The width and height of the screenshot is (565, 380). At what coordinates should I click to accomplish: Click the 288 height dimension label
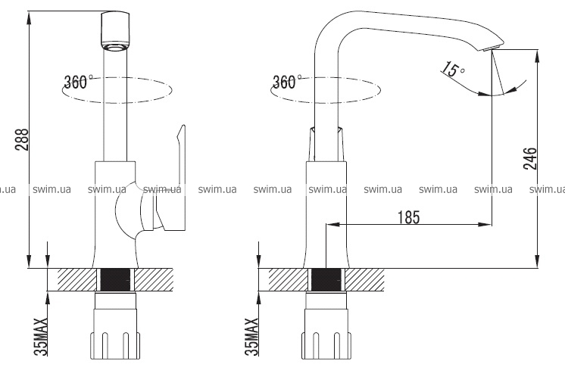(x=22, y=139)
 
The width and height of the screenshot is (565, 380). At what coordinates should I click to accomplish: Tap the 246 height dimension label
(x=530, y=158)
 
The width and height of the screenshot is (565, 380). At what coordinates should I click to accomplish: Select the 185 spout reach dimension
(x=409, y=217)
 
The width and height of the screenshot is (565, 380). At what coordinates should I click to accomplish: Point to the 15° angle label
(x=454, y=70)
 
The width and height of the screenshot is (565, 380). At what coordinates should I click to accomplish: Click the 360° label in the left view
(x=78, y=82)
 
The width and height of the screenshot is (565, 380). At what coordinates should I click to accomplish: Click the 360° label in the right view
(x=287, y=82)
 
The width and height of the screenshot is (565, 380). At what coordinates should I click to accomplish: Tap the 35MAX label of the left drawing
(x=41, y=337)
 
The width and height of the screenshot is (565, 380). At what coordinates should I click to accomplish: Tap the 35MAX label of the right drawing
(x=251, y=337)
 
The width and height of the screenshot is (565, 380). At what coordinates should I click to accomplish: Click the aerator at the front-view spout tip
(x=116, y=46)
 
